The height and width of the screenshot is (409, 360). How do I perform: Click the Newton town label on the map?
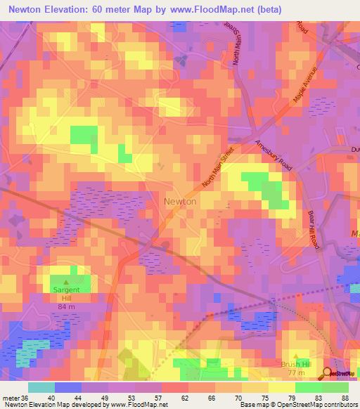click(180, 201)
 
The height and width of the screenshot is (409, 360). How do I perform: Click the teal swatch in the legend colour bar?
click(41, 387)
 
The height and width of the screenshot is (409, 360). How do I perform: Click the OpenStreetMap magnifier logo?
click(326, 373)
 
